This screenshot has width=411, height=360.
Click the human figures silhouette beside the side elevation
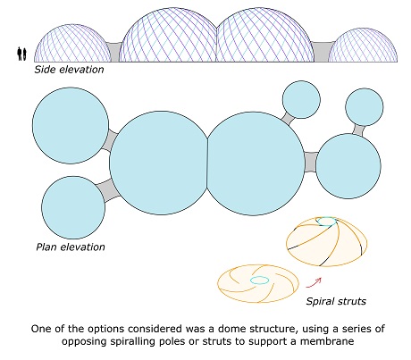point(21,54)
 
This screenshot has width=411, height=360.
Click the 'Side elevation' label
point(69,70)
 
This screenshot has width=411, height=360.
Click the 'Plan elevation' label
point(71,247)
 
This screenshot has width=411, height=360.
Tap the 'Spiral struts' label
point(336,301)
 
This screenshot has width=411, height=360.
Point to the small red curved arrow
point(315,283)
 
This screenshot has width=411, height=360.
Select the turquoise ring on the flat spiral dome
point(260,280)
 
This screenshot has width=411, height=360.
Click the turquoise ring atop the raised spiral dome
point(326,222)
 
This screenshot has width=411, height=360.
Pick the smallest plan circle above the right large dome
point(301,99)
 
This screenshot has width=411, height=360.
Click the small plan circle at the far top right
point(365,106)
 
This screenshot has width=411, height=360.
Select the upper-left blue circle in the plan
point(71,125)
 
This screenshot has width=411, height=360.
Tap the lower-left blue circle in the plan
point(73,207)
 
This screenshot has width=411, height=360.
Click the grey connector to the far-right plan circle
point(311,162)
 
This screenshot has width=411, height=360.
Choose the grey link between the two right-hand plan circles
point(358,130)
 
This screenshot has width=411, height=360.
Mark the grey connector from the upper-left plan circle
point(111,140)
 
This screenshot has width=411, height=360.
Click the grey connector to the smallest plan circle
point(288,118)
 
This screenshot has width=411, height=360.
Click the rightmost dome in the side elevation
point(363,46)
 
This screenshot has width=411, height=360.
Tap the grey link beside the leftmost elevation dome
point(114,52)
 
